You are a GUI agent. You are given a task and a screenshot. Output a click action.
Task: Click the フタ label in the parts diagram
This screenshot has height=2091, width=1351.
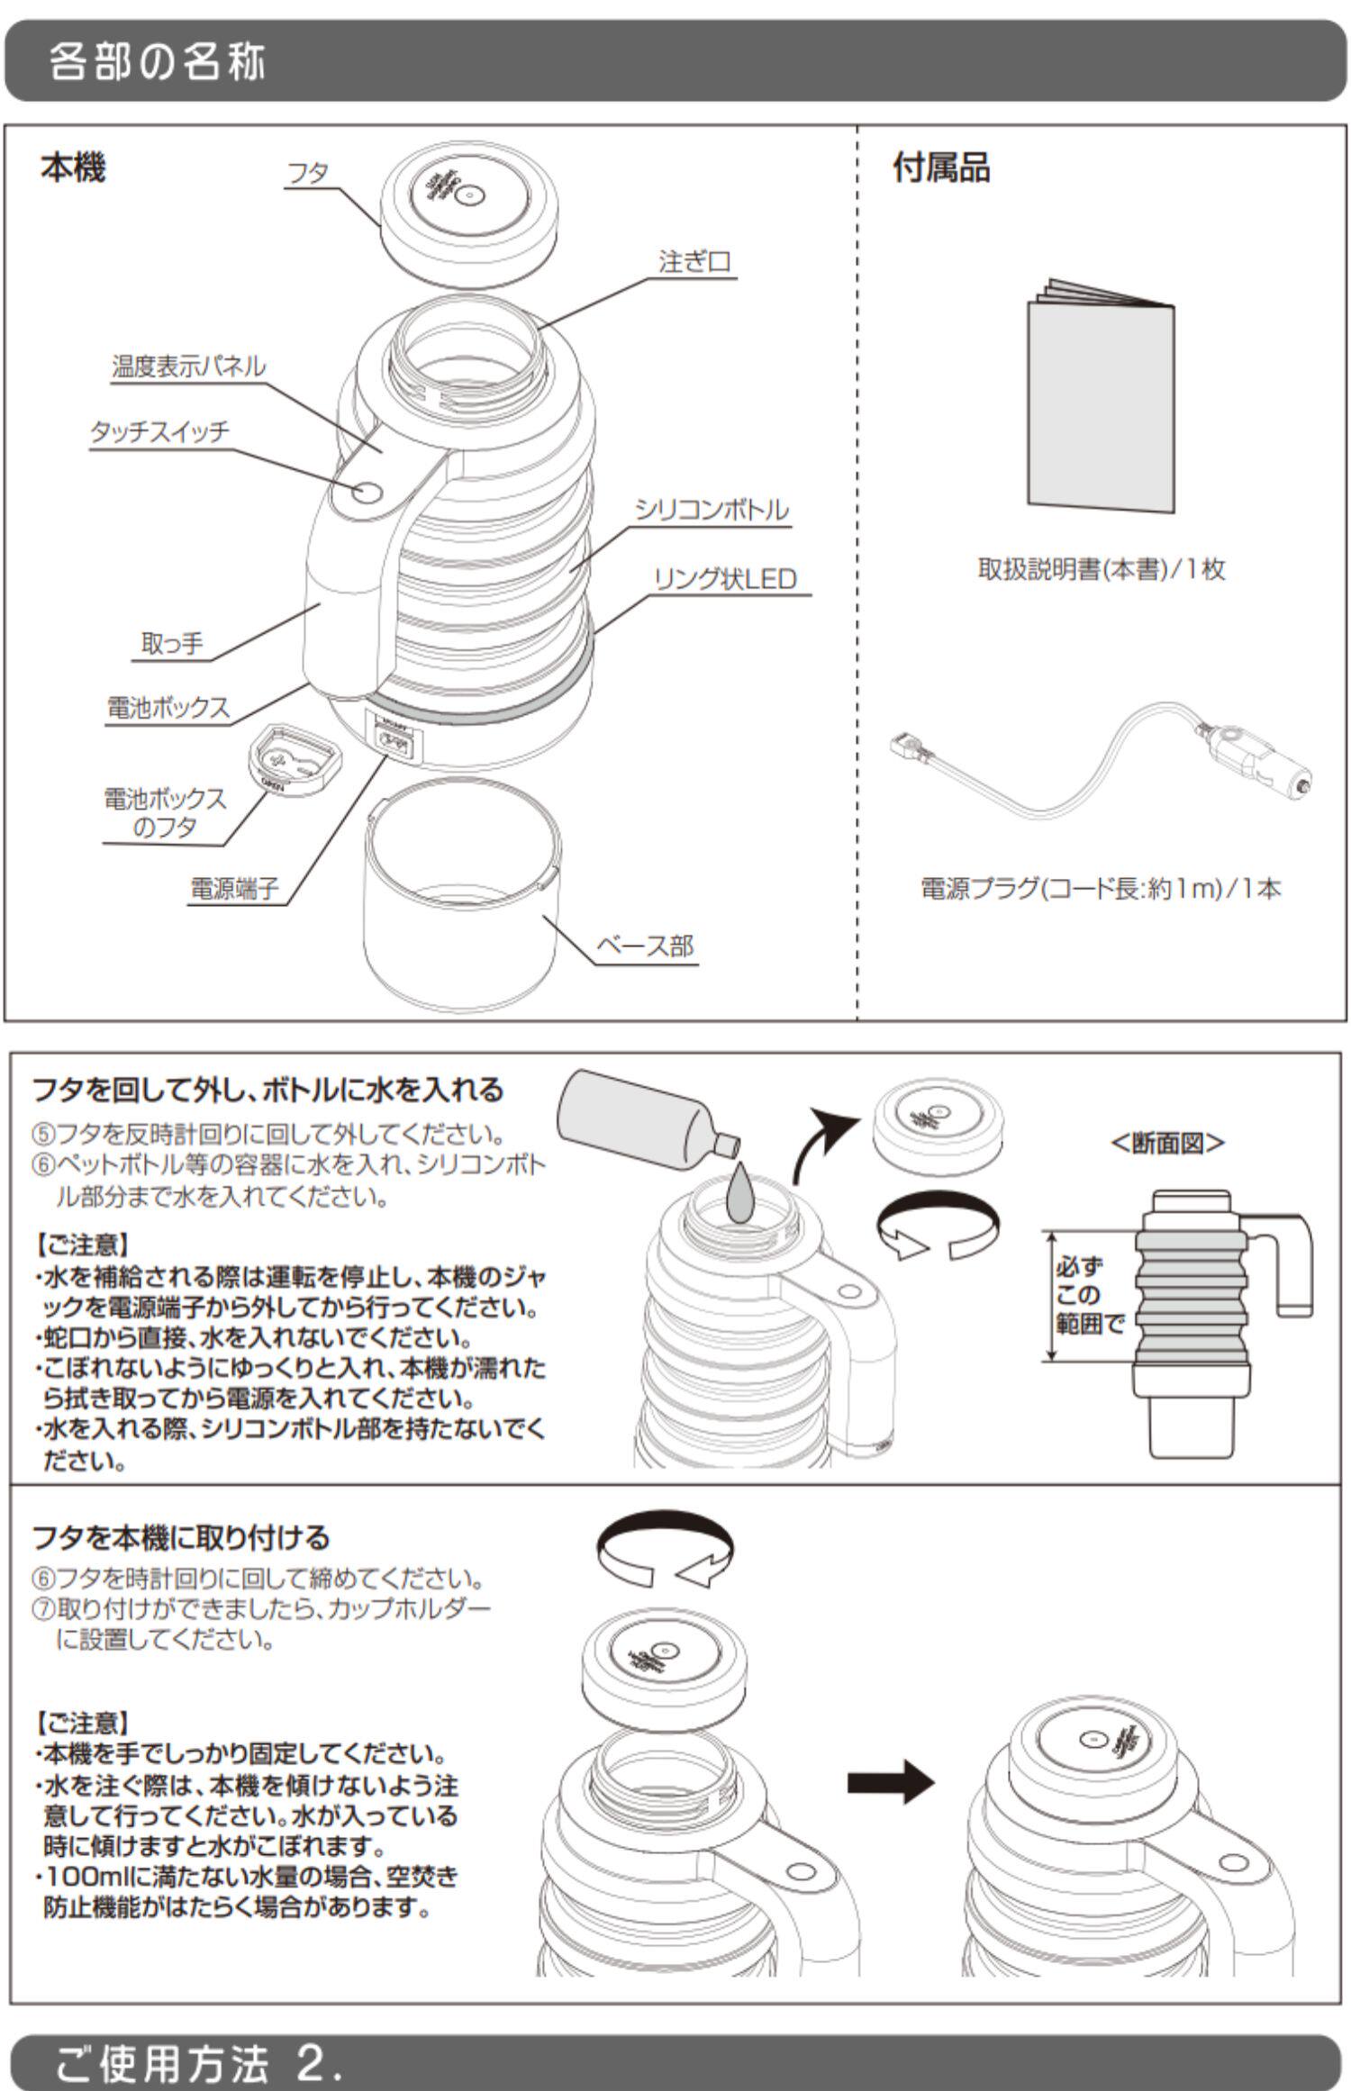click(x=307, y=172)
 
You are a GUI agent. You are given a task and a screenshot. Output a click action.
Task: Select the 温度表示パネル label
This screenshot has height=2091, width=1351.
click(x=189, y=367)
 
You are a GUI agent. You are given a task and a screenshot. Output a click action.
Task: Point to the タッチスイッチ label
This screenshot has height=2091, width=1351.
click(x=159, y=430)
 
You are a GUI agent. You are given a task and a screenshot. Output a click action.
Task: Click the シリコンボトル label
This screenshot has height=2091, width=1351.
click(x=712, y=510)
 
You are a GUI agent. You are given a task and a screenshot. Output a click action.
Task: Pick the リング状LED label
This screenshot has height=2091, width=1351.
click(x=725, y=579)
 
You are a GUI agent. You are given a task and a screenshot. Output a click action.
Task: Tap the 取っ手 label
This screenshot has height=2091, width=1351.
click(x=172, y=644)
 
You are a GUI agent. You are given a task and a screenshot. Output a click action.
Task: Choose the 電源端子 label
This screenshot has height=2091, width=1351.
click(x=233, y=889)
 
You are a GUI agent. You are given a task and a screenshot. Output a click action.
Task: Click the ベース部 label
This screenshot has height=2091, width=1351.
click(x=646, y=946)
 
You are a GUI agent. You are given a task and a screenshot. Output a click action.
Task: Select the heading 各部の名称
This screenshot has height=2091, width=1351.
click(x=159, y=63)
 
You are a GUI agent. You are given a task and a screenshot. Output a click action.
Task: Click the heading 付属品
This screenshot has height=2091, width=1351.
click(x=940, y=168)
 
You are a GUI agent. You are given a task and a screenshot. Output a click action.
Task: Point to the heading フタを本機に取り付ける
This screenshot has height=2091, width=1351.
click(x=181, y=1537)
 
